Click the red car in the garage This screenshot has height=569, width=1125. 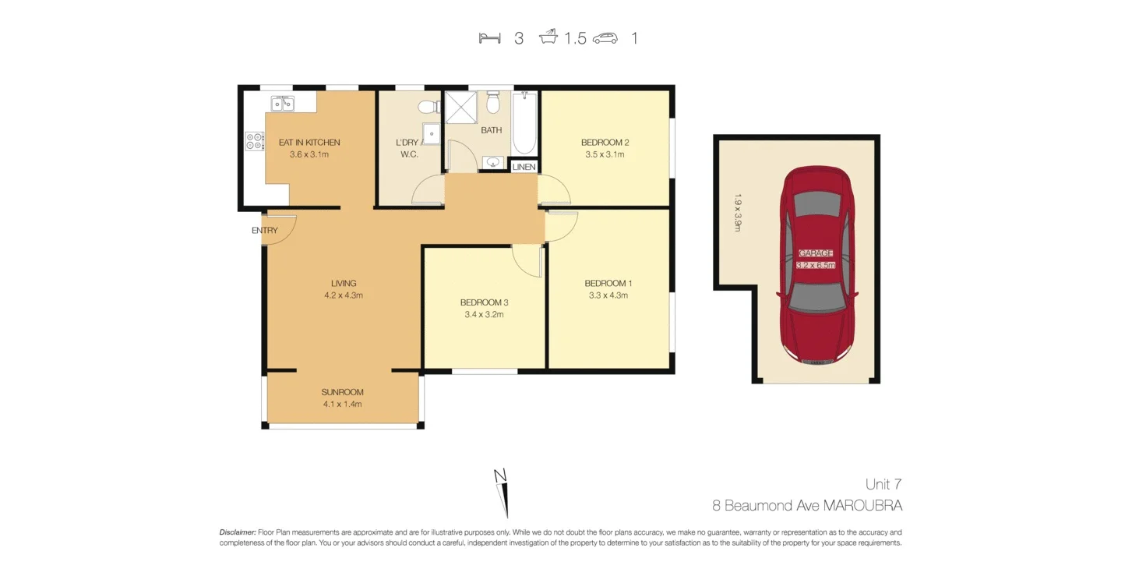[817, 265]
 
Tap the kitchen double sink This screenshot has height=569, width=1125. [282, 104]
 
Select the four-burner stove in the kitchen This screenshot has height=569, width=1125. [255, 141]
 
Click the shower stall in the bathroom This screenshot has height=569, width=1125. [460, 107]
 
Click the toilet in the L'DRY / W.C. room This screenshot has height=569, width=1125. [428, 106]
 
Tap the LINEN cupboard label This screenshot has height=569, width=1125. [524, 167]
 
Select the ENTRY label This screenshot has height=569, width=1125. [264, 231]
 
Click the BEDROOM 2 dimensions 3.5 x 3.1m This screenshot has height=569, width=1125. [605, 154]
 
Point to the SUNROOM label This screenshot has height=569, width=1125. [342, 392]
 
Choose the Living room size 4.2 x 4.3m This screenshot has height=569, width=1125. [344, 295]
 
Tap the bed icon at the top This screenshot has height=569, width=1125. [489, 37]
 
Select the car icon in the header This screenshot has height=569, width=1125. [605, 37]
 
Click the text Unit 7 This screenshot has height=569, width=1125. [883, 484]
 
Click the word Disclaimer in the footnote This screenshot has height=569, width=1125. [237, 532]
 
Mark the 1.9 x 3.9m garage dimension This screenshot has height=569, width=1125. [737, 212]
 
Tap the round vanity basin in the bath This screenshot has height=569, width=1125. [492, 162]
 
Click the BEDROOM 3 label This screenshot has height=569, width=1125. [484, 302]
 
